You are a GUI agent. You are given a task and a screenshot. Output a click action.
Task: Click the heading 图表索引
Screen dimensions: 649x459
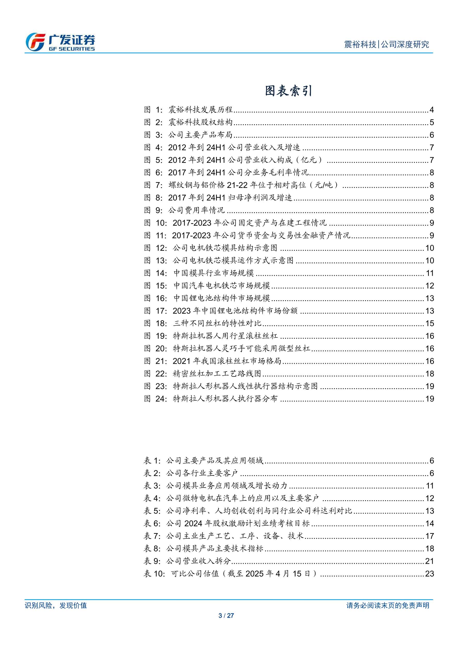coord(288,91)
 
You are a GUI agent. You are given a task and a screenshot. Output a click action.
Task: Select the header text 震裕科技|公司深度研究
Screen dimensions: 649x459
coord(386,44)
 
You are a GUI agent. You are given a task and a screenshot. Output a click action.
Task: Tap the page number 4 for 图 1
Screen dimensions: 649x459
coord(431,110)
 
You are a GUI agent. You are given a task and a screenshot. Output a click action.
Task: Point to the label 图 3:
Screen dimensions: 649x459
coord(153,135)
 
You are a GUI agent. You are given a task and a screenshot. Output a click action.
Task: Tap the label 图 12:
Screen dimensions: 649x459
coord(155,248)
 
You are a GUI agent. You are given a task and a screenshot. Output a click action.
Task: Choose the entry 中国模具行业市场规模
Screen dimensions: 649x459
coord(214,273)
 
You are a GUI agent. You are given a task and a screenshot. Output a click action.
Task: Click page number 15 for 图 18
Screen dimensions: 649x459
coord(430,323)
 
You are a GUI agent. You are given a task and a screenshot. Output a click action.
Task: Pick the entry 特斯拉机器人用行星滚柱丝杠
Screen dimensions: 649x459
coord(225,336)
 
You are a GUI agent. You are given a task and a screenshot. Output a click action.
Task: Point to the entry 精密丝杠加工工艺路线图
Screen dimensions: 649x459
coord(217,374)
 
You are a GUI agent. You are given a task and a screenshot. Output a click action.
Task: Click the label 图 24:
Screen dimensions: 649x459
coord(155,399)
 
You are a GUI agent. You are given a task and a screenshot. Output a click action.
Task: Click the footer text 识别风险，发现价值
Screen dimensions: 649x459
coord(56,605)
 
